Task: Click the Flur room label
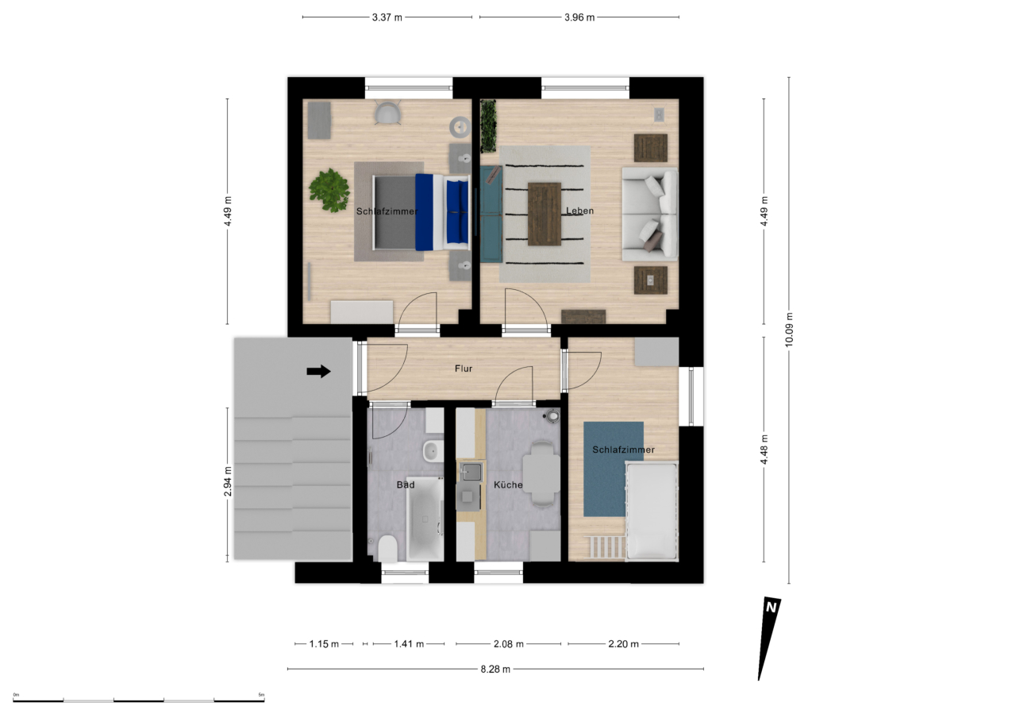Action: pyautogui.click(x=464, y=369)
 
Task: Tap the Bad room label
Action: pyautogui.click(x=406, y=484)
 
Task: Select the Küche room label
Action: pyautogui.click(x=508, y=484)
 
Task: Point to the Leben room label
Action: pyautogui.click(x=579, y=210)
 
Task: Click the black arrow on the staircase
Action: pyautogui.click(x=318, y=371)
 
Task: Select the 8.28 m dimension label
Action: pyautogui.click(x=495, y=669)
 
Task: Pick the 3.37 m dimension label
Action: pyautogui.click(x=387, y=17)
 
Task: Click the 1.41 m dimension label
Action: pyautogui.click(x=409, y=643)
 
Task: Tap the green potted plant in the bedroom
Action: pyautogui.click(x=329, y=190)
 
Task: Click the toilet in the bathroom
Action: pyautogui.click(x=388, y=547)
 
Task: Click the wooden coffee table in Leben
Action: pyautogui.click(x=545, y=214)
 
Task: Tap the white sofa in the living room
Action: pyautogui.click(x=650, y=214)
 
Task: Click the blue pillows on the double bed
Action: pyautogui.click(x=456, y=210)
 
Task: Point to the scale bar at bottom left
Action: pyautogui.click(x=139, y=701)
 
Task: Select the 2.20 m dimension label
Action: pyautogui.click(x=623, y=643)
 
